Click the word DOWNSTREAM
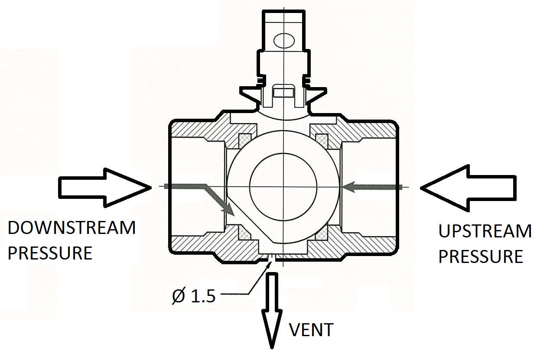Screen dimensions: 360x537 coord(72,228)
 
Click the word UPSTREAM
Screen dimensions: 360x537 coord(485,232)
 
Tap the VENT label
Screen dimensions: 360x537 coord(311,330)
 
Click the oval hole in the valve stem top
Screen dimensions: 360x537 coord(284,41)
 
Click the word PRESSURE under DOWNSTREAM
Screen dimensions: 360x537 coord(50,253)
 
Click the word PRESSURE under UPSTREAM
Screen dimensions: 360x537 coord(480,256)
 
